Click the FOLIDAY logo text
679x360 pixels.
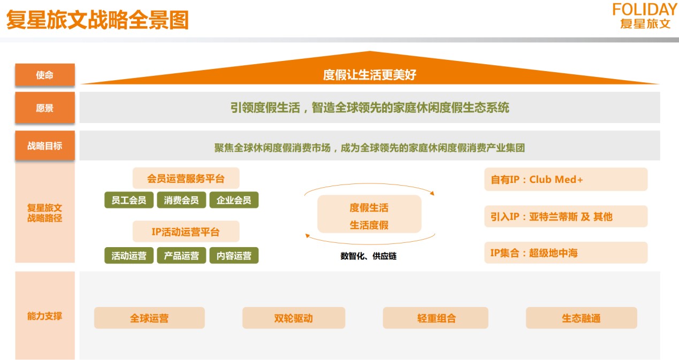click(x=644, y=10)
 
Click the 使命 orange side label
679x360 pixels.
click(x=45, y=74)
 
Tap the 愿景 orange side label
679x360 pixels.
click(x=45, y=108)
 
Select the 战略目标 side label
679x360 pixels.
click(x=45, y=145)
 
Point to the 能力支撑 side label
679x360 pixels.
click(x=45, y=316)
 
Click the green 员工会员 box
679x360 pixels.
click(x=129, y=200)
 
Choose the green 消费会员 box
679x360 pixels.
click(x=181, y=200)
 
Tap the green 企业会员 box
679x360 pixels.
click(x=234, y=200)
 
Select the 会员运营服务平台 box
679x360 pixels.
click(x=186, y=178)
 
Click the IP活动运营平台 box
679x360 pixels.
click(x=186, y=232)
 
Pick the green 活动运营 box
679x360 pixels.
click(x=129, y=256)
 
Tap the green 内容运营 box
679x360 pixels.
click(x=234, y=256)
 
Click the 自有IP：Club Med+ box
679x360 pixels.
click(x=566, y=179)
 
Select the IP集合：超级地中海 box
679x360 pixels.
click(x=566, y=252)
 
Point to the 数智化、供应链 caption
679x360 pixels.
click(x=368, y=256)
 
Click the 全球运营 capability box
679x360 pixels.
click(x=149, y=318)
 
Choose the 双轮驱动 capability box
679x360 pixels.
click(x=293, y=318)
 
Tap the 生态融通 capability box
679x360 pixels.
click(x=581, y=318)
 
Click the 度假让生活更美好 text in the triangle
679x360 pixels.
click(x=370, y=74)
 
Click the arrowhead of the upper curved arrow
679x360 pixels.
click(x=432, y=193)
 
